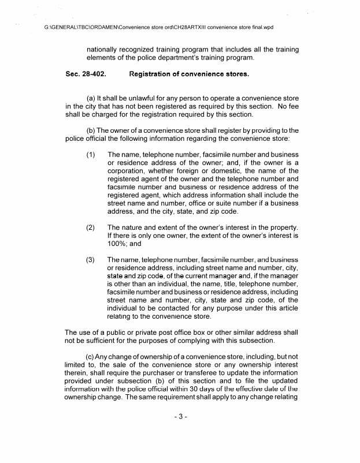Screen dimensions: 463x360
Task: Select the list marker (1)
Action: coord(91,155)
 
